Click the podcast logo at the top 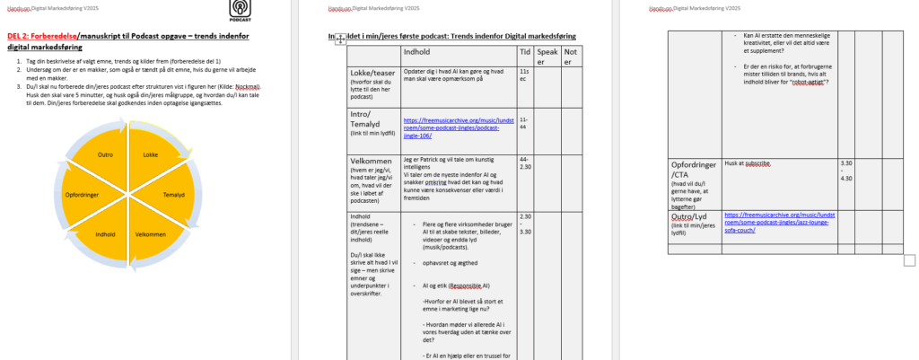pyautogui.click(x=241, y=10)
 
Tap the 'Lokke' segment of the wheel pyautogui.click(x=151, y=154)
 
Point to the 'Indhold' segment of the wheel pyautogui.click(x=105, y=234)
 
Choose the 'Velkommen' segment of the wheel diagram pyautogui.click(x=151, y=234)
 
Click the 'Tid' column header pyautogui.click(x=525, y=52)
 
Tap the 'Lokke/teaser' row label pyautogui.click(x=372, y=71)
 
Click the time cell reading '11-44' pyautogui.click(x=524, y=121)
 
